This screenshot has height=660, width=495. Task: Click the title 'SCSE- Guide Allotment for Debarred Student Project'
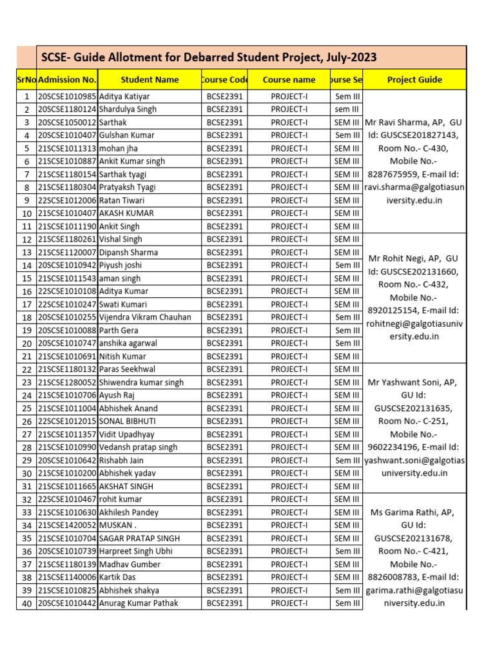[209, 57]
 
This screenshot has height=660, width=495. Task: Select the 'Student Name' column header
[150, 80]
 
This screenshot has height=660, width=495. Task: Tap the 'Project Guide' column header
[414, 80]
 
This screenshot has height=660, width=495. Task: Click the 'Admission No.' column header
[67, 80]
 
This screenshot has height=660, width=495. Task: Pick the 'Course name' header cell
[289, 80]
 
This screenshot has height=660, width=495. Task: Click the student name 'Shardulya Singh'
[128, 109]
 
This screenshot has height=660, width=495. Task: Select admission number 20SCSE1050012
[67, 122]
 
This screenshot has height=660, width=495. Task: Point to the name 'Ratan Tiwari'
[122, 200]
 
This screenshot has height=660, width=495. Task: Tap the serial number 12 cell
[26, 240]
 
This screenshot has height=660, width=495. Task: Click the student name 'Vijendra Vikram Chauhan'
[145, 317]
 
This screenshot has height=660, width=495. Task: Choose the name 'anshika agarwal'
[128, 343]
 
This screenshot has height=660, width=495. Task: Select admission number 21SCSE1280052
[67, 382]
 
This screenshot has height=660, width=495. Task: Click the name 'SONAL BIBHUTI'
[127, 421]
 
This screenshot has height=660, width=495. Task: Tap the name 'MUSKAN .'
[117, 525]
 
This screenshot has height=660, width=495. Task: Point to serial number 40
[26, 603]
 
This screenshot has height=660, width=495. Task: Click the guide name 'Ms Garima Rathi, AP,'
[414, 512]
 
